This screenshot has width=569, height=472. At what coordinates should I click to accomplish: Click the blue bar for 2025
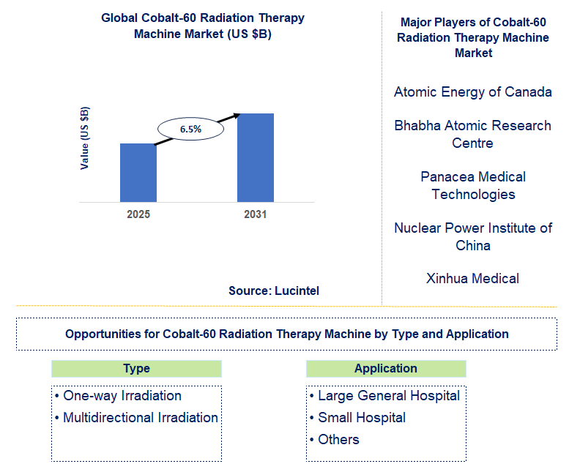tap(138, 173)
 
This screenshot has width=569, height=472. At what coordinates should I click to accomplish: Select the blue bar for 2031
tap(255, 157)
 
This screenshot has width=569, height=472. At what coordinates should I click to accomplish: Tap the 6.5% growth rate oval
tap(190, 129)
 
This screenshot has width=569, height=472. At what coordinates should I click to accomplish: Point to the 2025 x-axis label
tap(138, 214)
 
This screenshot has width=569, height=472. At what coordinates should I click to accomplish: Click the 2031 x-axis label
tap(255, 214)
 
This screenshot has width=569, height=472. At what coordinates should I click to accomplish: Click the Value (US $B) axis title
tap(85, 138)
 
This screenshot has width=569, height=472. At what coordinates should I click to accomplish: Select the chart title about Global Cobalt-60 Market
tap(203, 26)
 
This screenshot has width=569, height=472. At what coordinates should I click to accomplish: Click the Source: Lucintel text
tap(274, 291)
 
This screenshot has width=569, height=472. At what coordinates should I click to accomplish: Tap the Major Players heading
tap(473, 37)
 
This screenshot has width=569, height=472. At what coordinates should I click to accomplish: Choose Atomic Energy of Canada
tap(473, 92)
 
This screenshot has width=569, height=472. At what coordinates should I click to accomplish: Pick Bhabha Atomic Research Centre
tap(473, 134)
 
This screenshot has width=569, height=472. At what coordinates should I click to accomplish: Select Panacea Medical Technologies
tap(473, 185)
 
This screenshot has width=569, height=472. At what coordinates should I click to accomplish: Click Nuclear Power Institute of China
tap(473, 236)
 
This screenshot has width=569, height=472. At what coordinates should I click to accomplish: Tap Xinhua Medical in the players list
tap(473, 278)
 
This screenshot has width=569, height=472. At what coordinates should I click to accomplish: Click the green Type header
tap(136, 369)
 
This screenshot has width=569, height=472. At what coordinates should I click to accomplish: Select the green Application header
tap(385, 369)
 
